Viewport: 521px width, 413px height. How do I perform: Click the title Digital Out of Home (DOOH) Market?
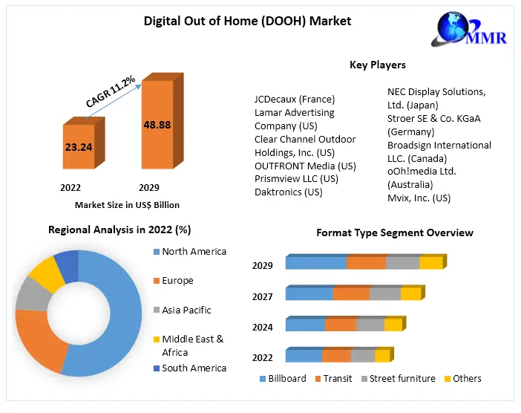(247, 21)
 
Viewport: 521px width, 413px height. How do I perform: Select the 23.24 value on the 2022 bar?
(78, 147)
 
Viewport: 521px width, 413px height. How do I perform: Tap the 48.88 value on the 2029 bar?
(157, 125)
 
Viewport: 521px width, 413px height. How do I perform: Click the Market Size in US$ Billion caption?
(127, 204)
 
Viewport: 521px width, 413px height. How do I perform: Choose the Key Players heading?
(378, 65)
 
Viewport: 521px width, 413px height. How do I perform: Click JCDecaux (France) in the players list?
(294, 99)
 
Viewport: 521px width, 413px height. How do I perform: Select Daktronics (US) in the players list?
(288, 192)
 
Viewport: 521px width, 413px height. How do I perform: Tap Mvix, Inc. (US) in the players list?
(419, 198)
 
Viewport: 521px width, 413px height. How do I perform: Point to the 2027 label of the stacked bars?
(262, 296)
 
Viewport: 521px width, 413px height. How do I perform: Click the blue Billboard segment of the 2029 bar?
(316, 262)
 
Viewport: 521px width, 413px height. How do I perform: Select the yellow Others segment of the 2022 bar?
(381, 356)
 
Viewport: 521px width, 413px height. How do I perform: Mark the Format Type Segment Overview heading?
(394, 232)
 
